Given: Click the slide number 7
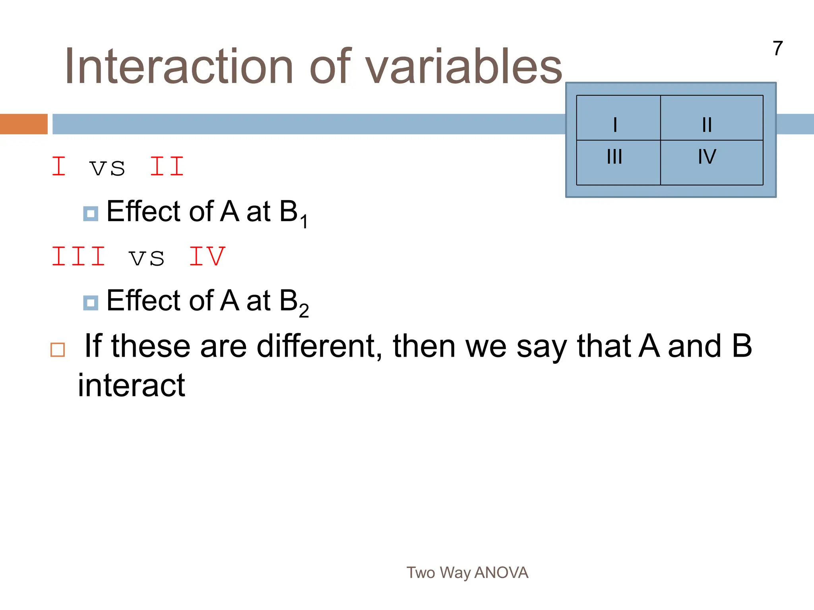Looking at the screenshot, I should coord(778,49).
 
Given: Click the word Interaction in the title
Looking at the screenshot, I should coord(179,67).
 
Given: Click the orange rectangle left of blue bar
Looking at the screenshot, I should coord(23,124).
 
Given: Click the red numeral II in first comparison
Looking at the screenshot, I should coord(167,167).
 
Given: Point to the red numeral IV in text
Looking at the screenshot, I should coord(207,257).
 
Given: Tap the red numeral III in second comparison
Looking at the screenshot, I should coord(79,257).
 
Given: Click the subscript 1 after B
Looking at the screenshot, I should coord(304,221).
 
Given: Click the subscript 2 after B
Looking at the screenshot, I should coord(304,311).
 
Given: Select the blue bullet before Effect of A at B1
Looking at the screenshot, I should coord(91,214).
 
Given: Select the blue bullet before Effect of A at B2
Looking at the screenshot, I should coord(91,303).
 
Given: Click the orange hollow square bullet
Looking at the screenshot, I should coord(58,350).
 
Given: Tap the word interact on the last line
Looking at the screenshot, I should coord(132,385).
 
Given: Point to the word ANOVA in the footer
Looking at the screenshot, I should coord(501,573).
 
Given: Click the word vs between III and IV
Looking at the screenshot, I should coord(147,258).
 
